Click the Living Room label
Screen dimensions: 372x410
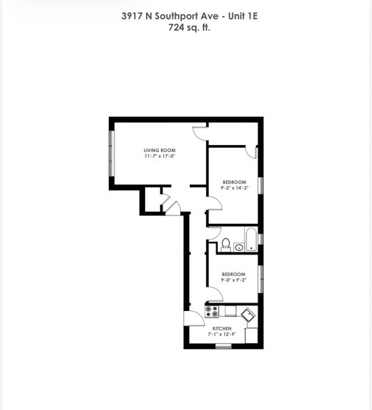pyautogui.click(x=159, y=151)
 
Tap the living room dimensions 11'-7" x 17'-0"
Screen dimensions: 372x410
pyautogui.click(x=159, y=156)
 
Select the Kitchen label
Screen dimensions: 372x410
pyautogui.click(x=222, y=328)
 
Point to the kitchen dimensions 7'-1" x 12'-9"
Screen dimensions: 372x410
pyautogui.click(x=222, y=334)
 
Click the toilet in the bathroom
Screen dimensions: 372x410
pyautogui.click(x=225, y=245)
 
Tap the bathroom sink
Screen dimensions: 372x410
pyautogui.click(x=239, y=247)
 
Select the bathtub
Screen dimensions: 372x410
pyautogui.click(x=251, y=240)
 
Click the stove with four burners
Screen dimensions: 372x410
pyautogui.click(x=211, y=312)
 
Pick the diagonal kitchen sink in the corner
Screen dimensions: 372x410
pyautogui.click(x=248, y=314)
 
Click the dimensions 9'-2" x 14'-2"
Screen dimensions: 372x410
pyautogui.click(x=235, y=188)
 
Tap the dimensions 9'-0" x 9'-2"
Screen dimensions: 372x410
pyautogui.click(x=234, y=280)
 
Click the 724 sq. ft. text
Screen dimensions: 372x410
pyautogui.click(x=189, y=27)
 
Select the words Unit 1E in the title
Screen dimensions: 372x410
pyautogui.click(x=243, y=16)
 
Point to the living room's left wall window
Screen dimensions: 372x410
pyautogui.click(x=112, y=153)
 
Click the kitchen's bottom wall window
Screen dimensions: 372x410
pyautogui.click(x=223, y=347)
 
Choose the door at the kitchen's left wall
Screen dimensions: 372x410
pyautogui.click(x=194, y=318)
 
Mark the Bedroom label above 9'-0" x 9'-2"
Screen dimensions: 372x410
pyautogui.click(x=234, y=274)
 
